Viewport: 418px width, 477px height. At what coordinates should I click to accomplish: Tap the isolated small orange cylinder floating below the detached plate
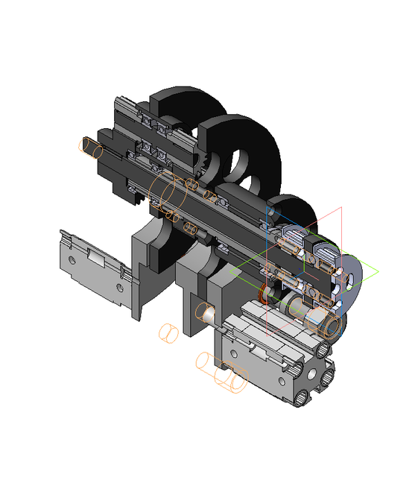(x=168, y=331)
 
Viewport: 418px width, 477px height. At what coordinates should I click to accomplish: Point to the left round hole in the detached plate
(x=72, y=260)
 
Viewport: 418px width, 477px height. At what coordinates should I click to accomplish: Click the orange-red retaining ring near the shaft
(x=263, y=296)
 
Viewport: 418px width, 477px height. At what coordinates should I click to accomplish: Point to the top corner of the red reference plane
(x=341, y=206)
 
